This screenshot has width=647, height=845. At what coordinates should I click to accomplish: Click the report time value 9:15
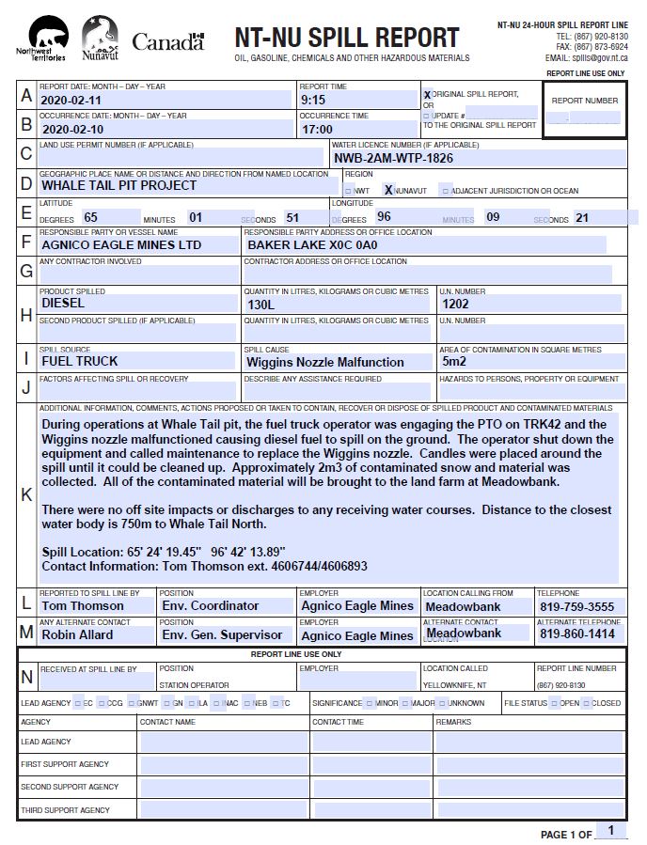pyautogui.click(x=313, y=99)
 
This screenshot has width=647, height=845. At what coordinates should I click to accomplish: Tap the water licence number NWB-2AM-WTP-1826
pyautogui.click(x=393, y=158)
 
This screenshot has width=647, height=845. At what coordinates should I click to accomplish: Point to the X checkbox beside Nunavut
pyautogui.click(x=388, y=190)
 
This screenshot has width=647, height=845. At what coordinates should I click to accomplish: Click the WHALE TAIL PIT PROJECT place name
pyautogui.click(x=118, y=185)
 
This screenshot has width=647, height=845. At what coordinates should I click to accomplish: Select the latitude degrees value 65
pyautogui.click(x=91, y=217)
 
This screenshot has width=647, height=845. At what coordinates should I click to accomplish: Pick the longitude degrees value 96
pyautogui.click(x=384, y=217)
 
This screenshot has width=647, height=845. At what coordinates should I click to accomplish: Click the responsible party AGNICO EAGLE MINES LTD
pyautogui.click(x=121, y=244)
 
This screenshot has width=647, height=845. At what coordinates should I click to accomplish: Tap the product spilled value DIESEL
pyautogui.click(x=63, y=304)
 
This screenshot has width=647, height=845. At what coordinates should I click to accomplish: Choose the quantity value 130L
pyautogui.click(x=260, y=305)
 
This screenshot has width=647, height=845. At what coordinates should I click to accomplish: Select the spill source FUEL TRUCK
pyautogui.click(x=80, y=361)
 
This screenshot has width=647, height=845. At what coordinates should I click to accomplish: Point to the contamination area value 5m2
pyautogui.click(x=454, y=361)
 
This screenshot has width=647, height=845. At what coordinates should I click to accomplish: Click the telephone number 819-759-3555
pyautogui.click(x=576, y=607)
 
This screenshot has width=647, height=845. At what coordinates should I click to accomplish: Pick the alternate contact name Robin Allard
pyautogui.click(x=77, y=634)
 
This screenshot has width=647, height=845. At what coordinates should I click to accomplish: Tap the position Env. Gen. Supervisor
pyautogui.click(x=222, y=635)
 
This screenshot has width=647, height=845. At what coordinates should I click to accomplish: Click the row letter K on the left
pyautogui.click(x=26, y=494)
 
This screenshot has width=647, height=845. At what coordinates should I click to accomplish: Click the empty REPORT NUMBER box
pyautogui.click(x=584, y=119)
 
